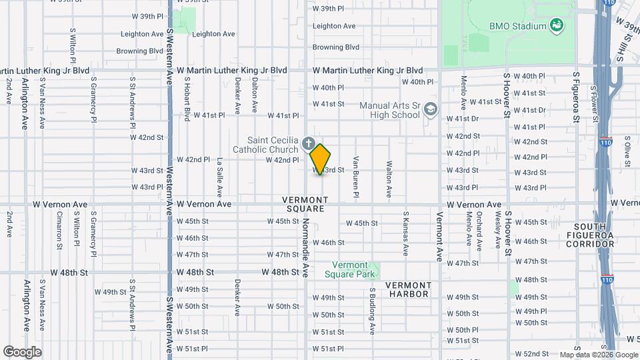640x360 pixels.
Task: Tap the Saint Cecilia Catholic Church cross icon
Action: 308,142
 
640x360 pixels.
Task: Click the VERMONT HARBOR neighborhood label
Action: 409,289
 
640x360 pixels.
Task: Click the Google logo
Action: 22,351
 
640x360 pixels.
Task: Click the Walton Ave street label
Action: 389,178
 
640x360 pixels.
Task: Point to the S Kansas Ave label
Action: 405,234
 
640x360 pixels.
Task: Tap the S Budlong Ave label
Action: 373,311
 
